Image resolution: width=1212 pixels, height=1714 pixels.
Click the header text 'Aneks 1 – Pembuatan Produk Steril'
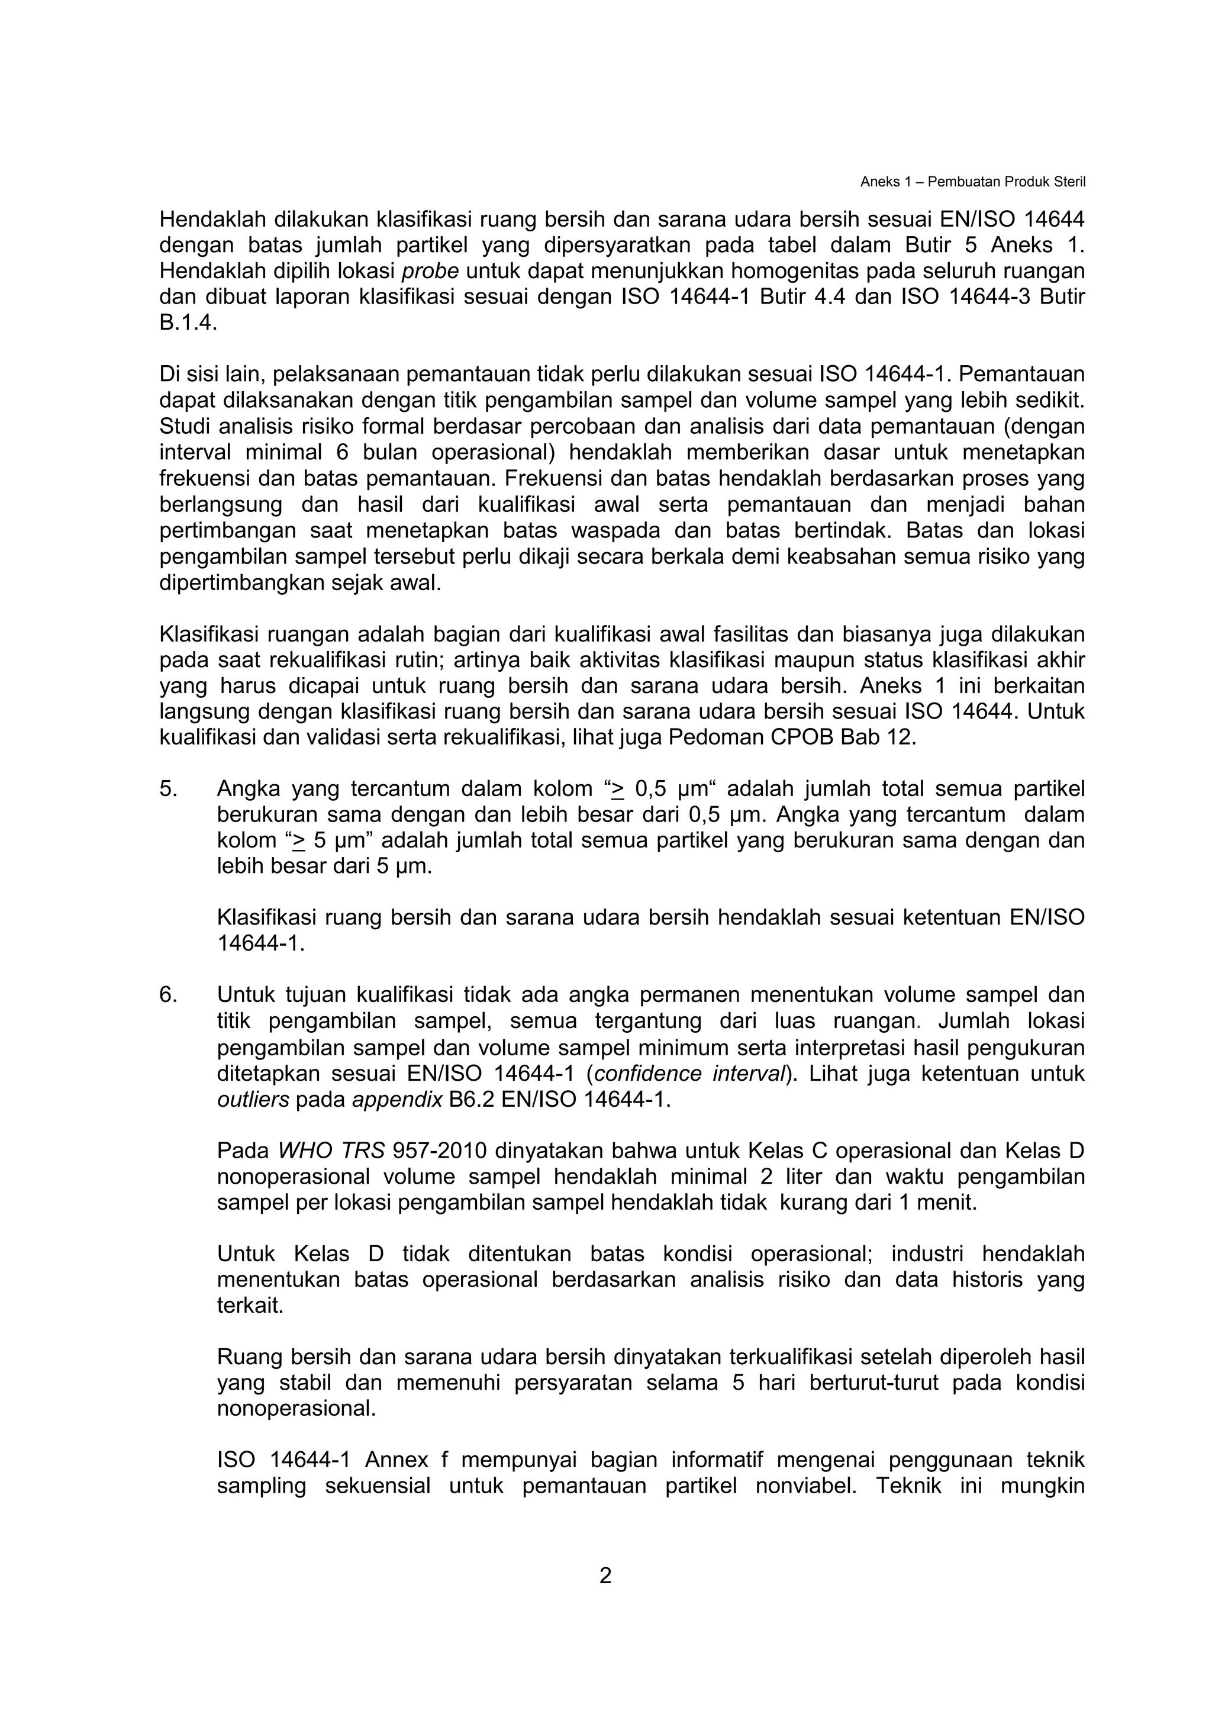pos(972,182)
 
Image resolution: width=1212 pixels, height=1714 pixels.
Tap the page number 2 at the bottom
pos(605,1575)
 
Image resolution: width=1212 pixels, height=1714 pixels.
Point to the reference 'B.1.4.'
pos(189,323)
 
